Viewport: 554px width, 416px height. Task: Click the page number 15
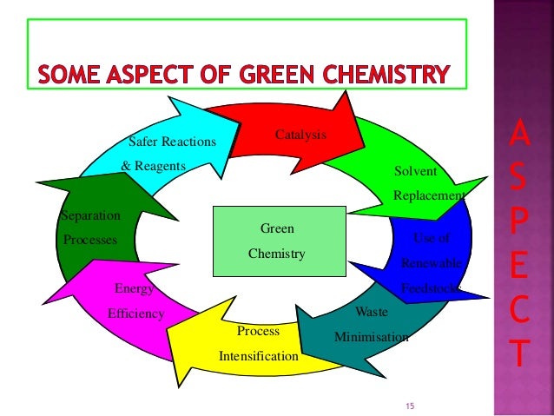coord(412,406)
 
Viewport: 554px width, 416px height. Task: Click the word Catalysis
coord(300,135)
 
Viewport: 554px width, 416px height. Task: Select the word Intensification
coord(259,356)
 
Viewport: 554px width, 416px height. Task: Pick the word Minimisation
coord(371,336)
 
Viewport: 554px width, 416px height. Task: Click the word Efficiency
coord(135,314)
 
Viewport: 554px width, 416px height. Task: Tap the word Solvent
coord(415,171)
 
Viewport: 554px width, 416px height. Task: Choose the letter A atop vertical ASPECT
coord(516,135)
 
